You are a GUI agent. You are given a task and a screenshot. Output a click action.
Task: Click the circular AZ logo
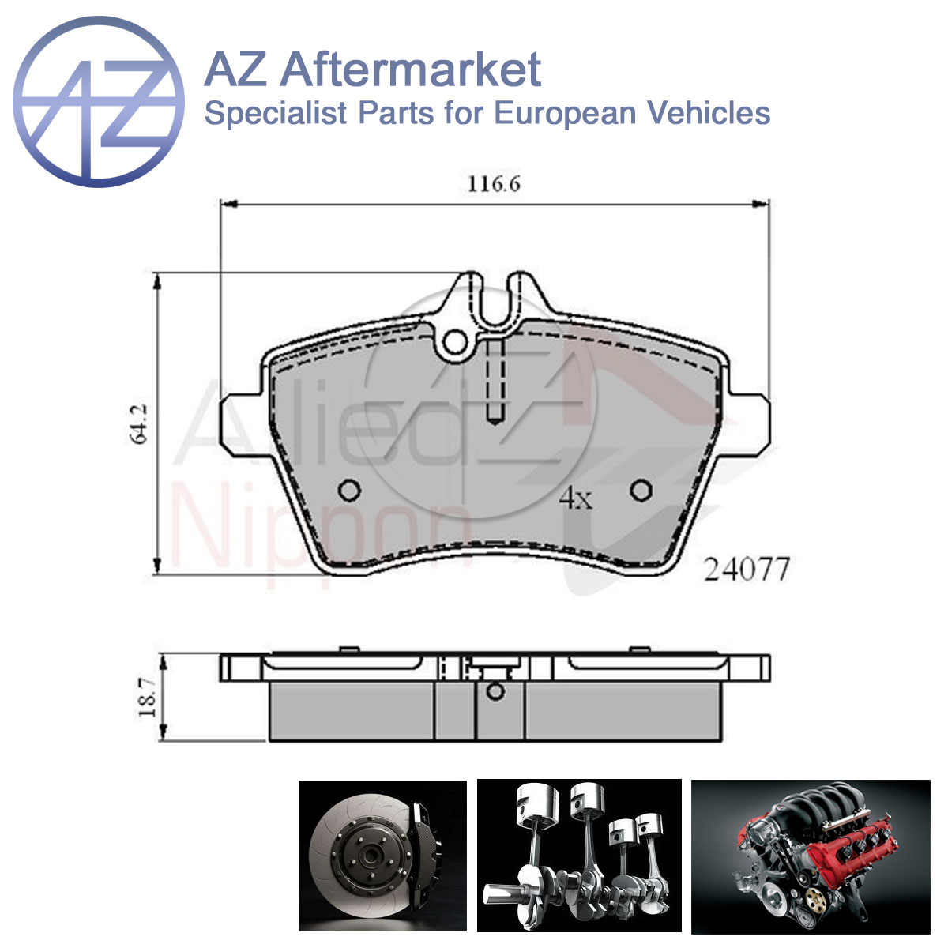click(99, 102)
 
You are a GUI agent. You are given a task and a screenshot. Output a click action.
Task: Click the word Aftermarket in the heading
click(411, 70)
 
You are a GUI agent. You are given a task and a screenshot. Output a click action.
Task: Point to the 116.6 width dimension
click(494, 185)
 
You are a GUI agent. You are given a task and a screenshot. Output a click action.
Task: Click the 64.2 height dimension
click(140, 424)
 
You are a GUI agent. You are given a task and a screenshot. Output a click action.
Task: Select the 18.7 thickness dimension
click(147, 697)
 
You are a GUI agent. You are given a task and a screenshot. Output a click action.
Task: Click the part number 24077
click(746, 569)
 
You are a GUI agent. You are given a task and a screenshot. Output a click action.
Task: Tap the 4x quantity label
click(576, 498)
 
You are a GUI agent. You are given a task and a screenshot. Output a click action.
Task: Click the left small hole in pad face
click(350, 490)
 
